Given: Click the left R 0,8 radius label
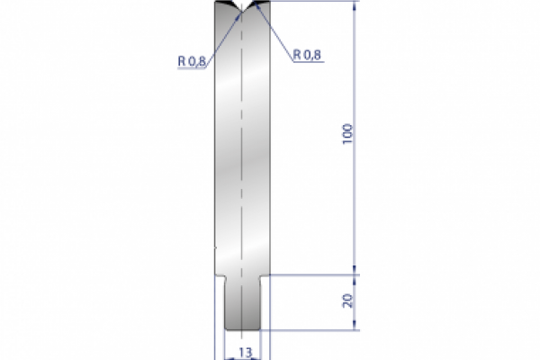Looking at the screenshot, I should [191, 60].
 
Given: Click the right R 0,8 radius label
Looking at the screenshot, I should [307, 54].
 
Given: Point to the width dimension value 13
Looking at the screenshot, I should [244, 352].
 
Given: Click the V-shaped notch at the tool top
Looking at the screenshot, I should [243, 10].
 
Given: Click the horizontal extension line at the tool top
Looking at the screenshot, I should [315, 2].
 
